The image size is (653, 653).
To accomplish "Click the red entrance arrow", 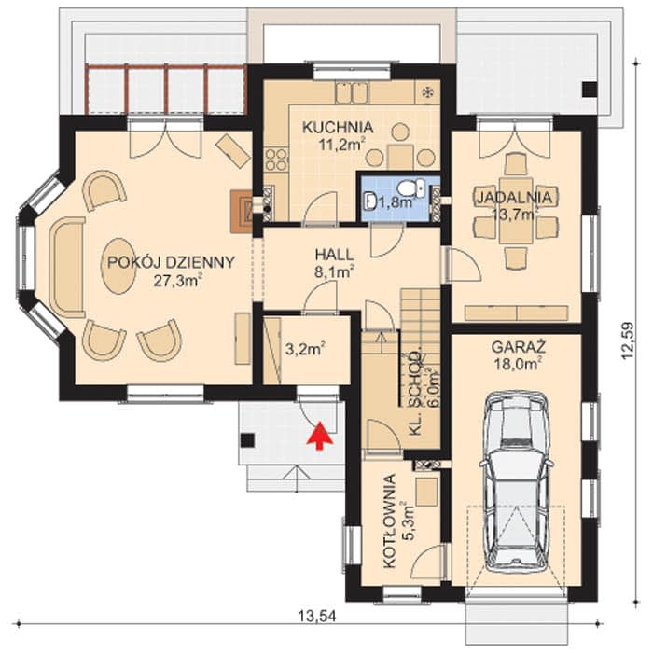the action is click(319, 436).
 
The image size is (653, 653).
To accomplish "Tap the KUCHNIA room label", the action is click(338, 127).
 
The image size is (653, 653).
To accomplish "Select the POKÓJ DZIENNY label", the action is click(171, 262).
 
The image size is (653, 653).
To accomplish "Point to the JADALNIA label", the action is click(514, 198).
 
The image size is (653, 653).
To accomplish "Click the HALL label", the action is click(334, 255).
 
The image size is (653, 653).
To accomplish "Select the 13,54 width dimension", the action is click(317, 616).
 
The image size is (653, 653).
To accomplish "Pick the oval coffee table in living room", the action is click(118, 266).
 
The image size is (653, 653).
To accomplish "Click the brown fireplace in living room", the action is click(242, 211).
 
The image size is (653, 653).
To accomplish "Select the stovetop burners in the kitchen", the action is click(276, 160).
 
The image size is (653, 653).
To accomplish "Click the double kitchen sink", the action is click(353, 92).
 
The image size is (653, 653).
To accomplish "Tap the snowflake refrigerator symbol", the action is click(427, 92).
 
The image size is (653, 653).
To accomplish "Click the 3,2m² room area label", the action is click(305, 349).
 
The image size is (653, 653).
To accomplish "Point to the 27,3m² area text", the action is click(178, 281).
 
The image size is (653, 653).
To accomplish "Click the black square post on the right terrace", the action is click(590, 90).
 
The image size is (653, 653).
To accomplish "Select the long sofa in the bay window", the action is click(66, 267).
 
